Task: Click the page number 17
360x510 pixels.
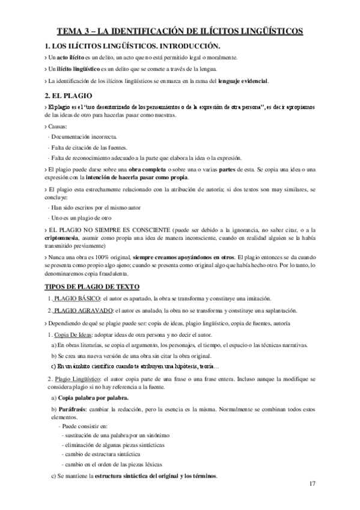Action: (x=312, y=484)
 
